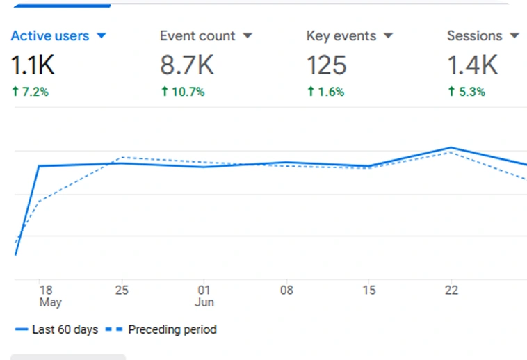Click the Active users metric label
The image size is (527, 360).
coord(51,35)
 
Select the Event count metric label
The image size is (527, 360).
coord(197,35)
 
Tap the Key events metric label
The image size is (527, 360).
coord(341,35)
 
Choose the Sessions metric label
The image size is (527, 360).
coord(475,35)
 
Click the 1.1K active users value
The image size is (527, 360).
coord(33,65)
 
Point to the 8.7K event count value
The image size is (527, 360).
coord(187,65)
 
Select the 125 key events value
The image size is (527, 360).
coord(326,65)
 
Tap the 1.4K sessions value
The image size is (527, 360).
coord(473,65)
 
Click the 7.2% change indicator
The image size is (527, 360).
coord(30,91)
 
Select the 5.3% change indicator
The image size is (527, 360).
coord(467,91)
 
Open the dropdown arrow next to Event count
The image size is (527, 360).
coord(248,35)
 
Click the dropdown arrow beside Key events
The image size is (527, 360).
coord(389,35)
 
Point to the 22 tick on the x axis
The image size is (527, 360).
coord(451,291)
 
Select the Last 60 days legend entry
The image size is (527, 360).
coord(56,329)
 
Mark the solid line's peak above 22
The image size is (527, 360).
coord(451,147)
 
